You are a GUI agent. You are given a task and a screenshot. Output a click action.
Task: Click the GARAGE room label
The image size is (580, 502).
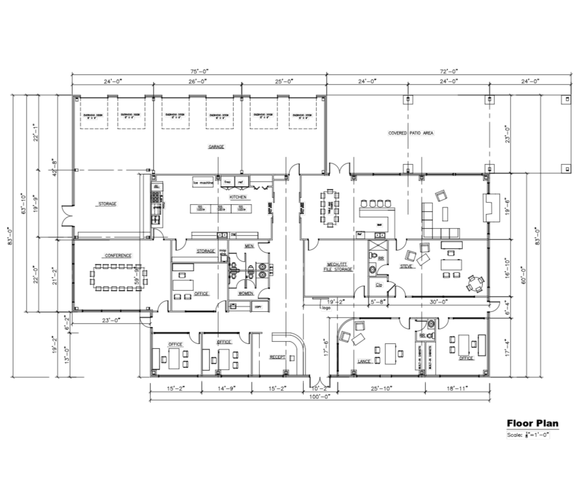216,147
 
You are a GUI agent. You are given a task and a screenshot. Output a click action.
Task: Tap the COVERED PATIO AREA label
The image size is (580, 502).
411,133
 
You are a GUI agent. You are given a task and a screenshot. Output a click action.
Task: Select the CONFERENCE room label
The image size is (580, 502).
118,255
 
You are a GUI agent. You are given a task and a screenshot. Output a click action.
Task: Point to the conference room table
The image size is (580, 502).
116,277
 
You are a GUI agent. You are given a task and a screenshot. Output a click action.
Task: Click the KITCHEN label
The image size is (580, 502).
238,197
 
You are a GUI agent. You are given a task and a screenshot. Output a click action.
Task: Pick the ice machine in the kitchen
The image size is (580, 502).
203,183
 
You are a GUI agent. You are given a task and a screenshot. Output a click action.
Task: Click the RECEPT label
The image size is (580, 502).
277,357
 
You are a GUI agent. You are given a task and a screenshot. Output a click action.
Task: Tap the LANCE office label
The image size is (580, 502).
364,361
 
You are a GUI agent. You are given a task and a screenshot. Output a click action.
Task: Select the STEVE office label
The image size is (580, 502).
406,266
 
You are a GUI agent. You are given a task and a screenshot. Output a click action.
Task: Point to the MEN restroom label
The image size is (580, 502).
249,246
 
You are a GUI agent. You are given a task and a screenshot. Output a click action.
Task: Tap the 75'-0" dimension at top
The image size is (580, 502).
199,71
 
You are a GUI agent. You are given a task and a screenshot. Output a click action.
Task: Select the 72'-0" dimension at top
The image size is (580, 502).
449,71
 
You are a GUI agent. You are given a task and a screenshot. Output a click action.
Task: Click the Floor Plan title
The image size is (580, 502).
532,423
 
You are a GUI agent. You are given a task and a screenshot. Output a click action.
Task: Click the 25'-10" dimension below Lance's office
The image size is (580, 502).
381,388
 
